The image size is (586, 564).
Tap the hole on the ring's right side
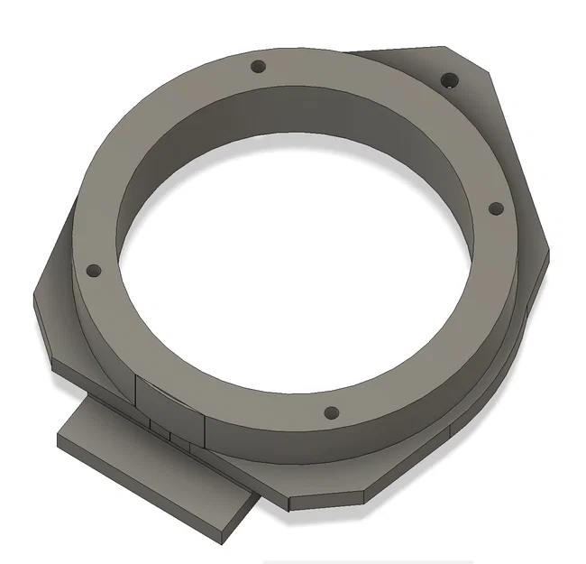tap(495, 208)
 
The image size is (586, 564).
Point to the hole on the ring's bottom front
tap(331, 414)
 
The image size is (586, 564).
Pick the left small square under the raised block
tap(158, 430)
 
